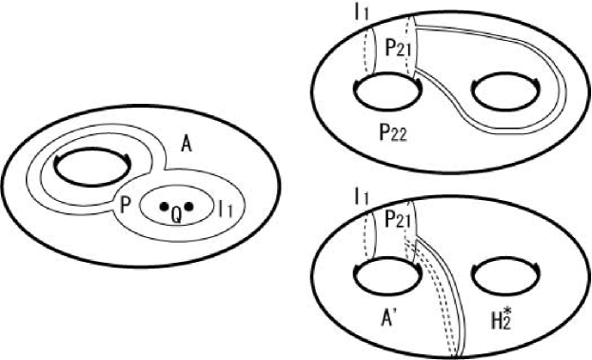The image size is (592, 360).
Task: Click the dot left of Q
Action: (164, 206)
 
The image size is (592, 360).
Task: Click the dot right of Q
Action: (188, 206)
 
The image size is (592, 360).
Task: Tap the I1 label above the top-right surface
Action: (363, 12)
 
